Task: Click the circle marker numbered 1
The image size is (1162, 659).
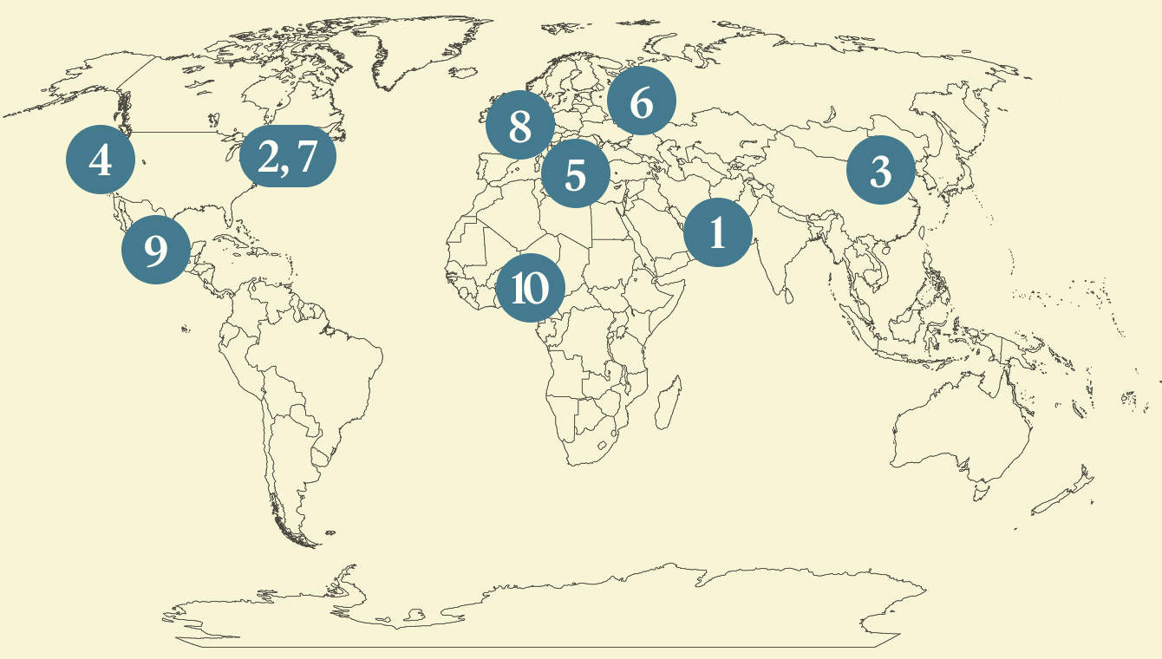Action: pyautogui.click(x=717, y=232)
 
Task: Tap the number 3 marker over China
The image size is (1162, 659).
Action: pyautogui.click(x=880, y=171)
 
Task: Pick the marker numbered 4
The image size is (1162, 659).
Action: pyautogui.click(x=101, y=160)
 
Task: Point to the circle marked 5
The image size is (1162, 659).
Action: pyautogui.click(x=575, y=173)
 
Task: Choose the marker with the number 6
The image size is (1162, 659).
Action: pyautogui.click(x=641, y=103)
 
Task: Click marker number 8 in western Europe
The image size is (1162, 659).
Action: pyautogui.click(x=519, y=127)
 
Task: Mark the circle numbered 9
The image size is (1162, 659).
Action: pyautogui.click(x=155, y=250)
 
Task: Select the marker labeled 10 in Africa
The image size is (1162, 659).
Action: pyautogui.click(x=530, y=287)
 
